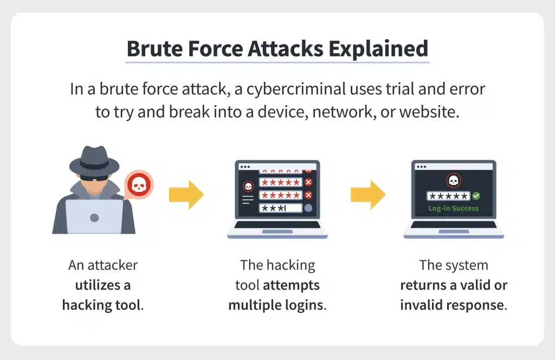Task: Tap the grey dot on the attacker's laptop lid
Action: [94, 217]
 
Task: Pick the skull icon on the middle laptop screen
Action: [248, 186]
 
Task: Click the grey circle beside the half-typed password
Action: [308, 208]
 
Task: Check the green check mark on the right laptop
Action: [476, 196]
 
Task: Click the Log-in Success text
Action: [454, 209]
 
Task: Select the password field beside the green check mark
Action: [448, 196]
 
